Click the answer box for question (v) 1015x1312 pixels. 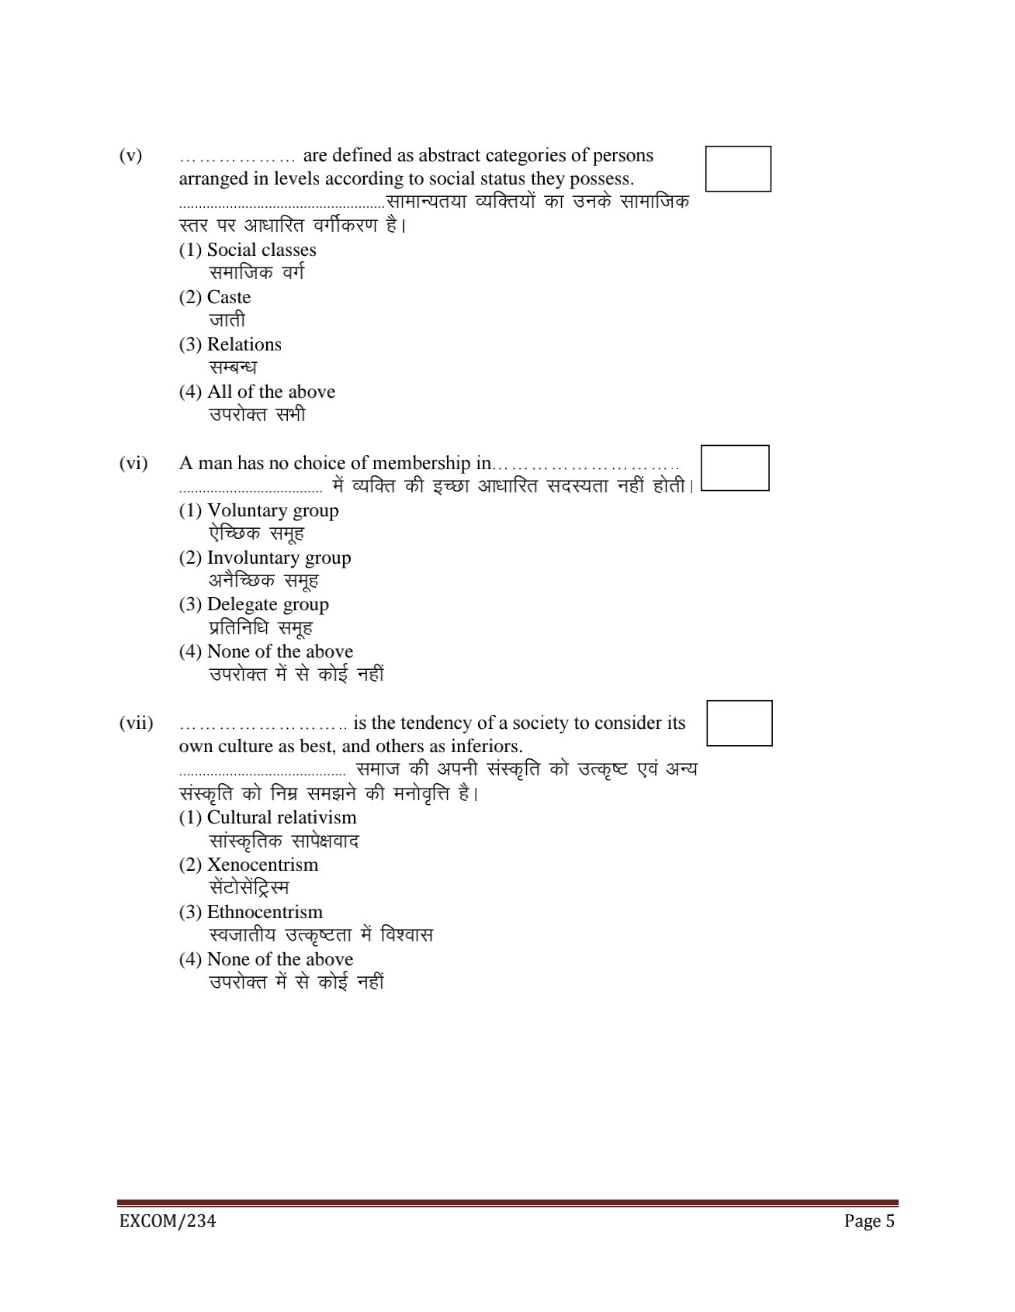(x=738, y=169)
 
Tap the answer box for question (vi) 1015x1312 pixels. (x=735, y=468)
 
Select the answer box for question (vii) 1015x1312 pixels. (x=740, y=723)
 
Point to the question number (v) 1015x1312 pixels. (x=130, y=156)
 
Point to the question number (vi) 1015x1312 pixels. (x=133, y=464)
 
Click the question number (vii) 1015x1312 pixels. (x=136, y=723)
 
